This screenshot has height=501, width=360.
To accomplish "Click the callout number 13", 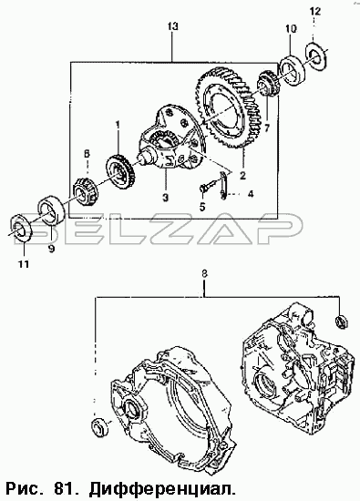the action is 172,26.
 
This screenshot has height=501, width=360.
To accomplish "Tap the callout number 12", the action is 314,12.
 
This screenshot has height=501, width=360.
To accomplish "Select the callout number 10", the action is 291,29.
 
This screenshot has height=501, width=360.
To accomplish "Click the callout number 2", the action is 242,176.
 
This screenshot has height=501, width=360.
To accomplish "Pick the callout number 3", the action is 165,198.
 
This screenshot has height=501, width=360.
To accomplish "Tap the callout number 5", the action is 202,207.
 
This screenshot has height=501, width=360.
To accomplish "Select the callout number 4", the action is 250,193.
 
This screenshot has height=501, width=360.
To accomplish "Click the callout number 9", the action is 51,249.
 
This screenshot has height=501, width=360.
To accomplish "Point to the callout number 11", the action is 24,264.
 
